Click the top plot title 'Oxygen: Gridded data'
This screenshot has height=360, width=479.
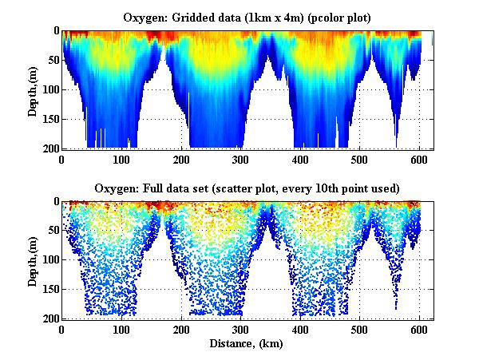[247, 16]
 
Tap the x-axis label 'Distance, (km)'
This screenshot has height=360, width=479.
[247, 344]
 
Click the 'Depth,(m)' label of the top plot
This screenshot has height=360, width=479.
[33, 90]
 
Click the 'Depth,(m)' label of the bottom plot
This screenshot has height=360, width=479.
[33, 260]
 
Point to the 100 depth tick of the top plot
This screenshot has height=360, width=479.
[49, 89]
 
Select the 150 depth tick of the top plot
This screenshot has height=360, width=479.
[49, 119]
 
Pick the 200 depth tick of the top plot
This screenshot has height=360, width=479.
[49, 148]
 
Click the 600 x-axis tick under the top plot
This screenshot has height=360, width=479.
[419, 159]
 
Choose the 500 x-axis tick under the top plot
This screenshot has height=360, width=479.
[359, 159]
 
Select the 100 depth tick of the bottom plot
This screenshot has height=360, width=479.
[49, 259]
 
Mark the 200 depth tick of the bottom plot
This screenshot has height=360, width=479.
[49, 318]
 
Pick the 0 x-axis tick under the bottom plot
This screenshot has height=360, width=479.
[62, 330]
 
